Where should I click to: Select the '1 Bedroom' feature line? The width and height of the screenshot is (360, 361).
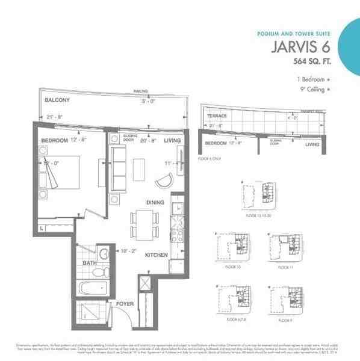pos(312,79)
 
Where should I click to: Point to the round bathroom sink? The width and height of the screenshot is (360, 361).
pos(103,254)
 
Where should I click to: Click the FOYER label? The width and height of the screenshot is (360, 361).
pos(125,304)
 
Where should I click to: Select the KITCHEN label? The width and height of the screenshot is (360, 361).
pos(156,255)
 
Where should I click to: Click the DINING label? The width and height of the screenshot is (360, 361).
pos(155,203)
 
